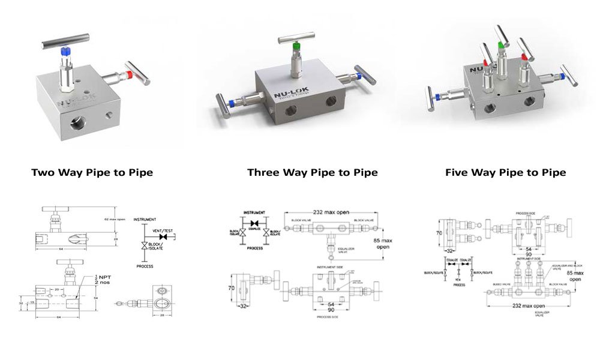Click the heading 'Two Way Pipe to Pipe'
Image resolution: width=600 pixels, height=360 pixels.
[x=92, y=172]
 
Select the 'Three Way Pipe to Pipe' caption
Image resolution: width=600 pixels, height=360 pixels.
[x=312, y=172]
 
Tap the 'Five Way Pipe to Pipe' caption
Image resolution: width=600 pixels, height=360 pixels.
[x=505, y=172]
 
